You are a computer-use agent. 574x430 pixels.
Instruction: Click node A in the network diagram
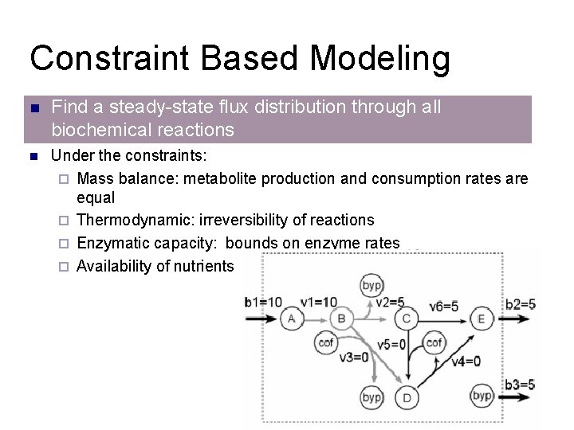[x=290, y=319]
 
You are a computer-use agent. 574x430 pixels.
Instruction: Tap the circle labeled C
[x=406, y=319]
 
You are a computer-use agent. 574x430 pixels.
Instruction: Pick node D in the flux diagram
[x=407, y=397]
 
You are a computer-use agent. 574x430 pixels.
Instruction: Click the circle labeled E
[x=481, y=319]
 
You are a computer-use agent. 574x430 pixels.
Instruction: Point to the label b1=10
[x=262, y=302]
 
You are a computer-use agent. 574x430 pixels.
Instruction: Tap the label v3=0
[x=354, y=358]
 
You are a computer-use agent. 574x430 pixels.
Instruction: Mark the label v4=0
[x=466, y=361]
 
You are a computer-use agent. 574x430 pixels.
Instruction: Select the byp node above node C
[x=372, y=286]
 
